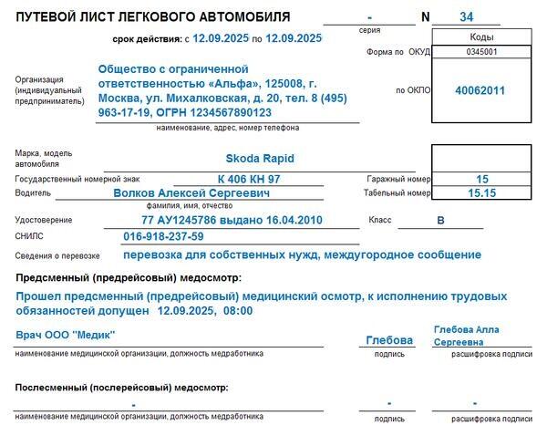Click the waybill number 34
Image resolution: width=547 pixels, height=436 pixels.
[x=467, y=17]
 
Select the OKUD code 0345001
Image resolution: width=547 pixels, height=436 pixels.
[x=481, y=53]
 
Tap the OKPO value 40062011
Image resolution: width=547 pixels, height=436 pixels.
[x=481, y=91]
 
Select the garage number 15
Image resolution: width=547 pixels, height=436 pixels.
[x=482, y=179]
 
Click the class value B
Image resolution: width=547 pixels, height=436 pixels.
[x=440, y=221]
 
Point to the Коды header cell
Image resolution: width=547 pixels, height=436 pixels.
[x=481, y=37]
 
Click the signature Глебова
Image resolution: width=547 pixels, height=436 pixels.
[x=389, y=340]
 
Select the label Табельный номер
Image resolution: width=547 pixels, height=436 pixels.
[x=397, y=193]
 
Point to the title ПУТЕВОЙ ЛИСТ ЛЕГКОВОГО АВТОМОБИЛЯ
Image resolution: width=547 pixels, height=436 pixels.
[x=154, y=17]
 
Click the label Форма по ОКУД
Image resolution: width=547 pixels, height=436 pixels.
[x=397, y=53]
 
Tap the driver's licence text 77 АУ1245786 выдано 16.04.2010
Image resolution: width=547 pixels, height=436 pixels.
[x=232, y=221]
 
